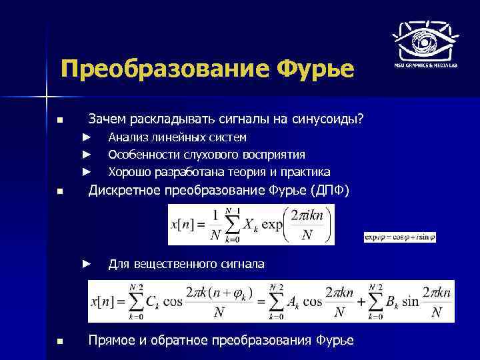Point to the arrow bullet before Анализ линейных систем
85,137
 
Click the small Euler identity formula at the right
399,237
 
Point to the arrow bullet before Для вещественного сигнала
85,264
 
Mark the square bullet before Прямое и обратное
60,341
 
